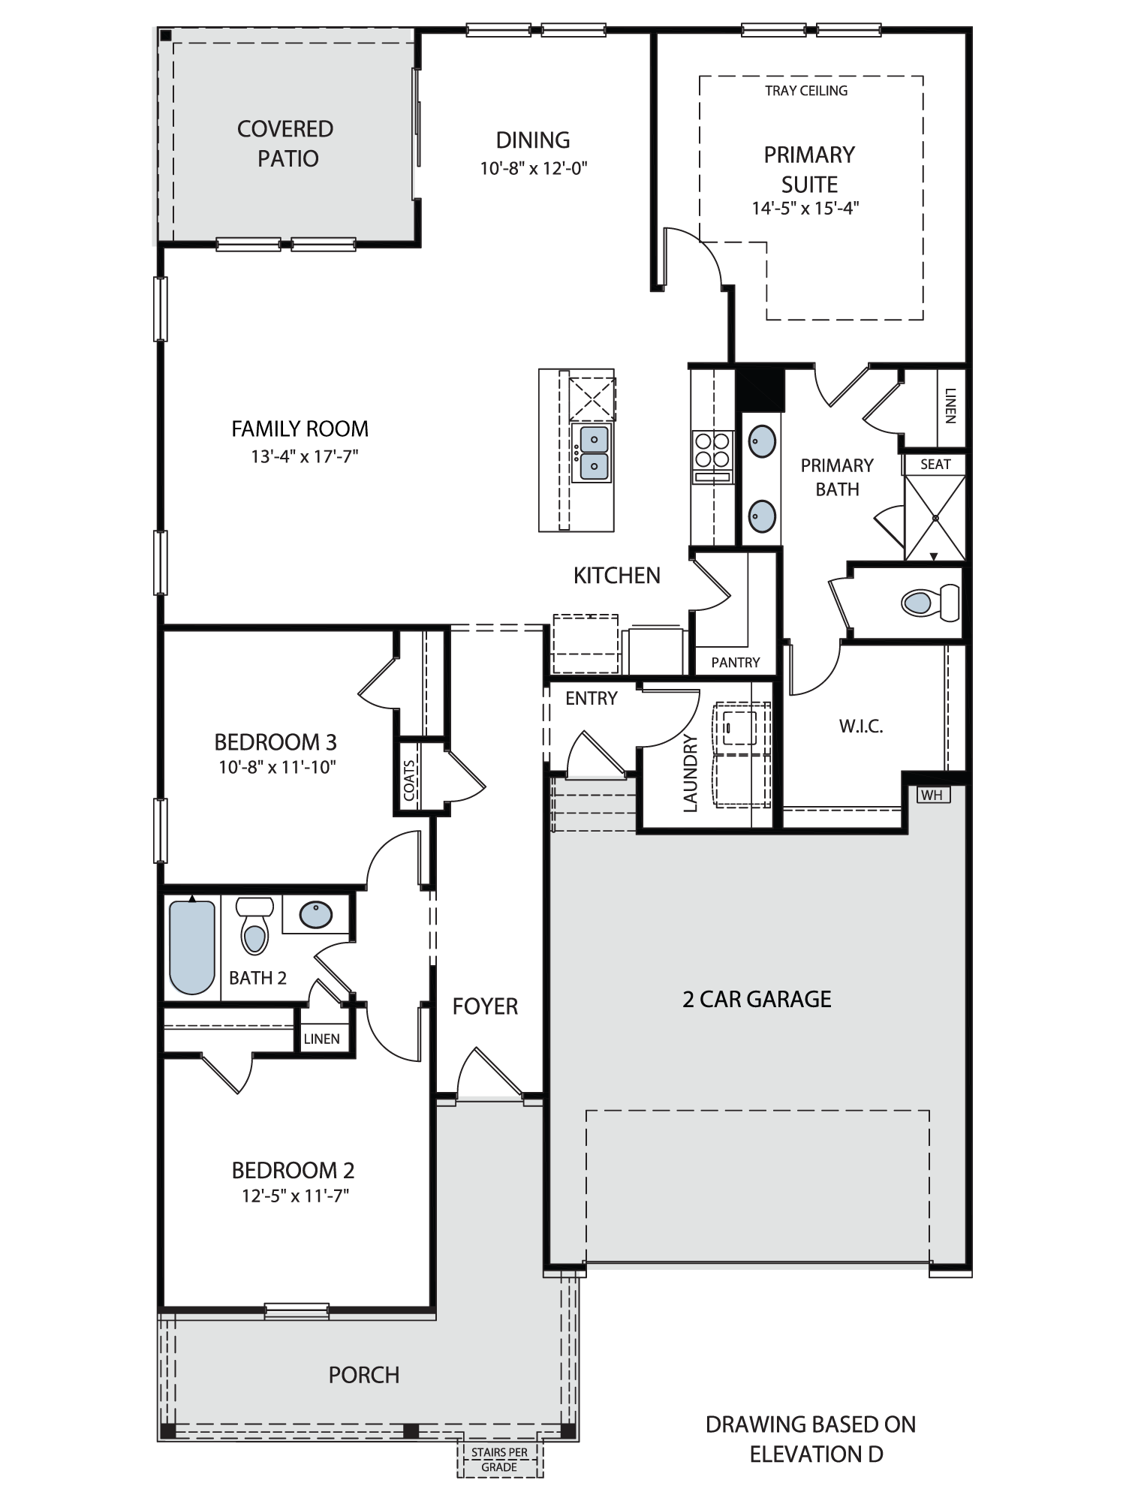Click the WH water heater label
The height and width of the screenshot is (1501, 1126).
(932, 795)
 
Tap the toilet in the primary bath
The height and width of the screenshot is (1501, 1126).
(930, 602)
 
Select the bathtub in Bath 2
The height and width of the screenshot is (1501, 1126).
(192, 946)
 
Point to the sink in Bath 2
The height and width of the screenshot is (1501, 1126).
(316, 914)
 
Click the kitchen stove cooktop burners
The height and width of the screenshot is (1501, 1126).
(712, 450)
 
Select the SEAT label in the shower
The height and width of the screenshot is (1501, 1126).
(935, 465)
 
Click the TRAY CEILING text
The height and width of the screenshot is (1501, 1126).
(806, 91)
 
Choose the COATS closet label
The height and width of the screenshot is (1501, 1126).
(409, 781)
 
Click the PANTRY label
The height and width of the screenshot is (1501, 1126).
(736, 662)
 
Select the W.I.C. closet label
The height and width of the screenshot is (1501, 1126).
(860, 726)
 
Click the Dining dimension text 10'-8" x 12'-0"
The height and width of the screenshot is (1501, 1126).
(534, 168)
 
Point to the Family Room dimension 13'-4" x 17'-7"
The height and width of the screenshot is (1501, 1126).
(305, 456)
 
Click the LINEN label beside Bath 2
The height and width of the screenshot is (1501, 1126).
(321, 1039)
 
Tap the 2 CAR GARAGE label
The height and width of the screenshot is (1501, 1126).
(757, 999)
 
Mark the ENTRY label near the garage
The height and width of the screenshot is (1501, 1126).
(592, 698)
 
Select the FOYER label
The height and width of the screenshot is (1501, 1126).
(485, 1006)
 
